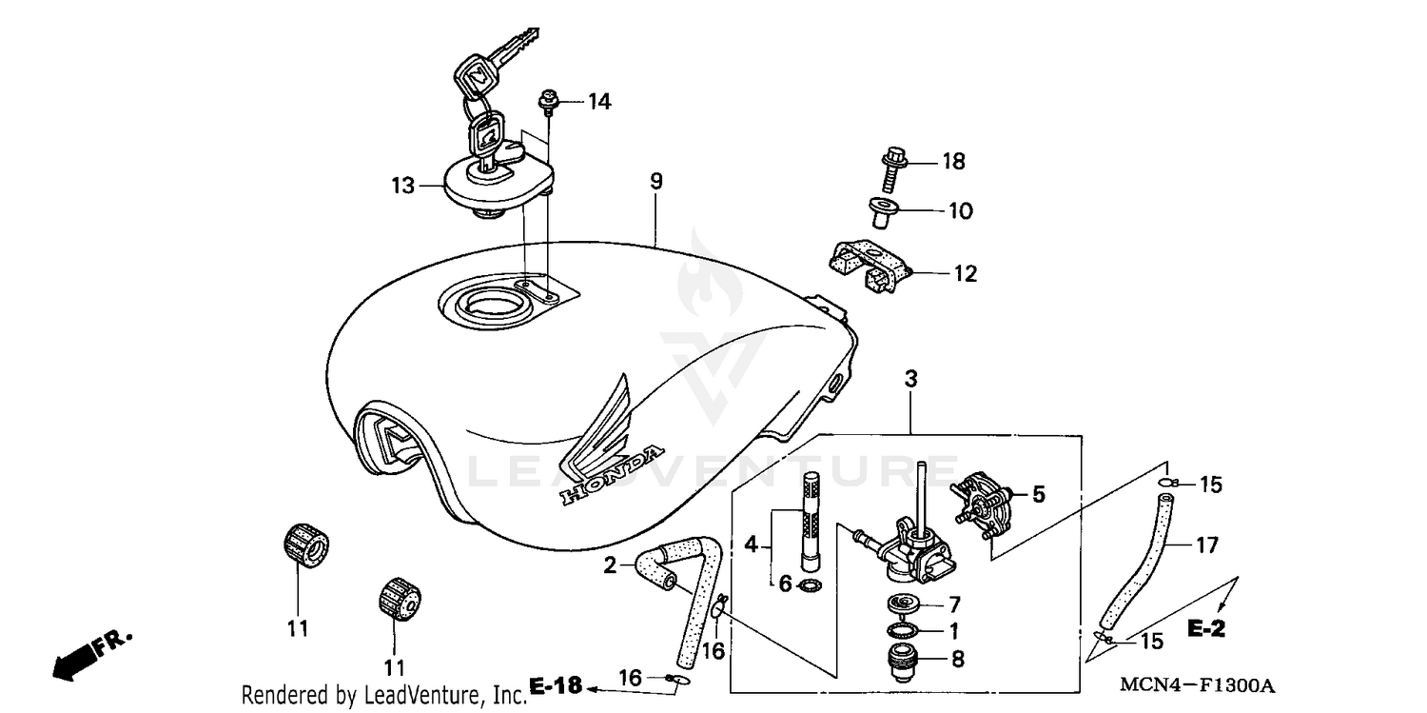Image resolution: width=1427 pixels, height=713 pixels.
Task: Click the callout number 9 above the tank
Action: point(655,181)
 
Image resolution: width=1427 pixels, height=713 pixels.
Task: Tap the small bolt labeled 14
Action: point(550,99)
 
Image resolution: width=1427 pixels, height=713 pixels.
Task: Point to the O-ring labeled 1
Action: point(901,630)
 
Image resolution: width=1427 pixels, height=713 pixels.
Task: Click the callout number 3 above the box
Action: point(910,379)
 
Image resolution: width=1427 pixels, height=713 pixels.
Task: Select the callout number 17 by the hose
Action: point(1206,545)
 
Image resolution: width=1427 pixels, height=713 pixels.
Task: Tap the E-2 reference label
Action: point(1204,629)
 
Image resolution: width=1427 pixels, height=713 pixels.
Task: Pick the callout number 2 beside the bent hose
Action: point(610,566)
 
